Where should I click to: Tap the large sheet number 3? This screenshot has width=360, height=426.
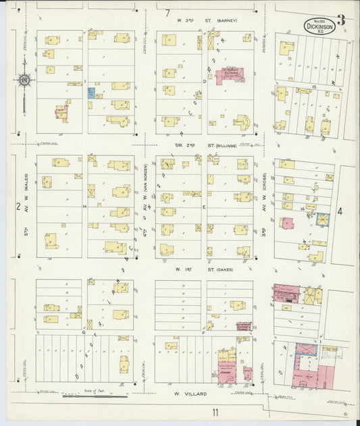click(341, 20)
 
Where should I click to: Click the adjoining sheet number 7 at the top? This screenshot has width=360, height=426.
click(167, 13)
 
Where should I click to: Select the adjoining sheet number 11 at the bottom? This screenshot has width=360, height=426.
click(214, 412)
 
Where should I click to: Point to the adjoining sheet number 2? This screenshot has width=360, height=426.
click(19, 207)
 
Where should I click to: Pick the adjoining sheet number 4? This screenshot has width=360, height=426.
click(340, 211)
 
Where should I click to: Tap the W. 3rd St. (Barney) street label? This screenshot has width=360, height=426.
click(207, 20)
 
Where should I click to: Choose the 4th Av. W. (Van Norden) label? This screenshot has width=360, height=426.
click(145, 196)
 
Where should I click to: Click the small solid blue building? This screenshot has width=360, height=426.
click(91, 94)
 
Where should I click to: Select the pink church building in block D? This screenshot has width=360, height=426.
click(228, 75)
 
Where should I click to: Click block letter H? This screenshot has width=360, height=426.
click(85, 205)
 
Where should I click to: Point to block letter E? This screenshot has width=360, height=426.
click(204, 207)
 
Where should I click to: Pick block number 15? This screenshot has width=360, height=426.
click(315, 88)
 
